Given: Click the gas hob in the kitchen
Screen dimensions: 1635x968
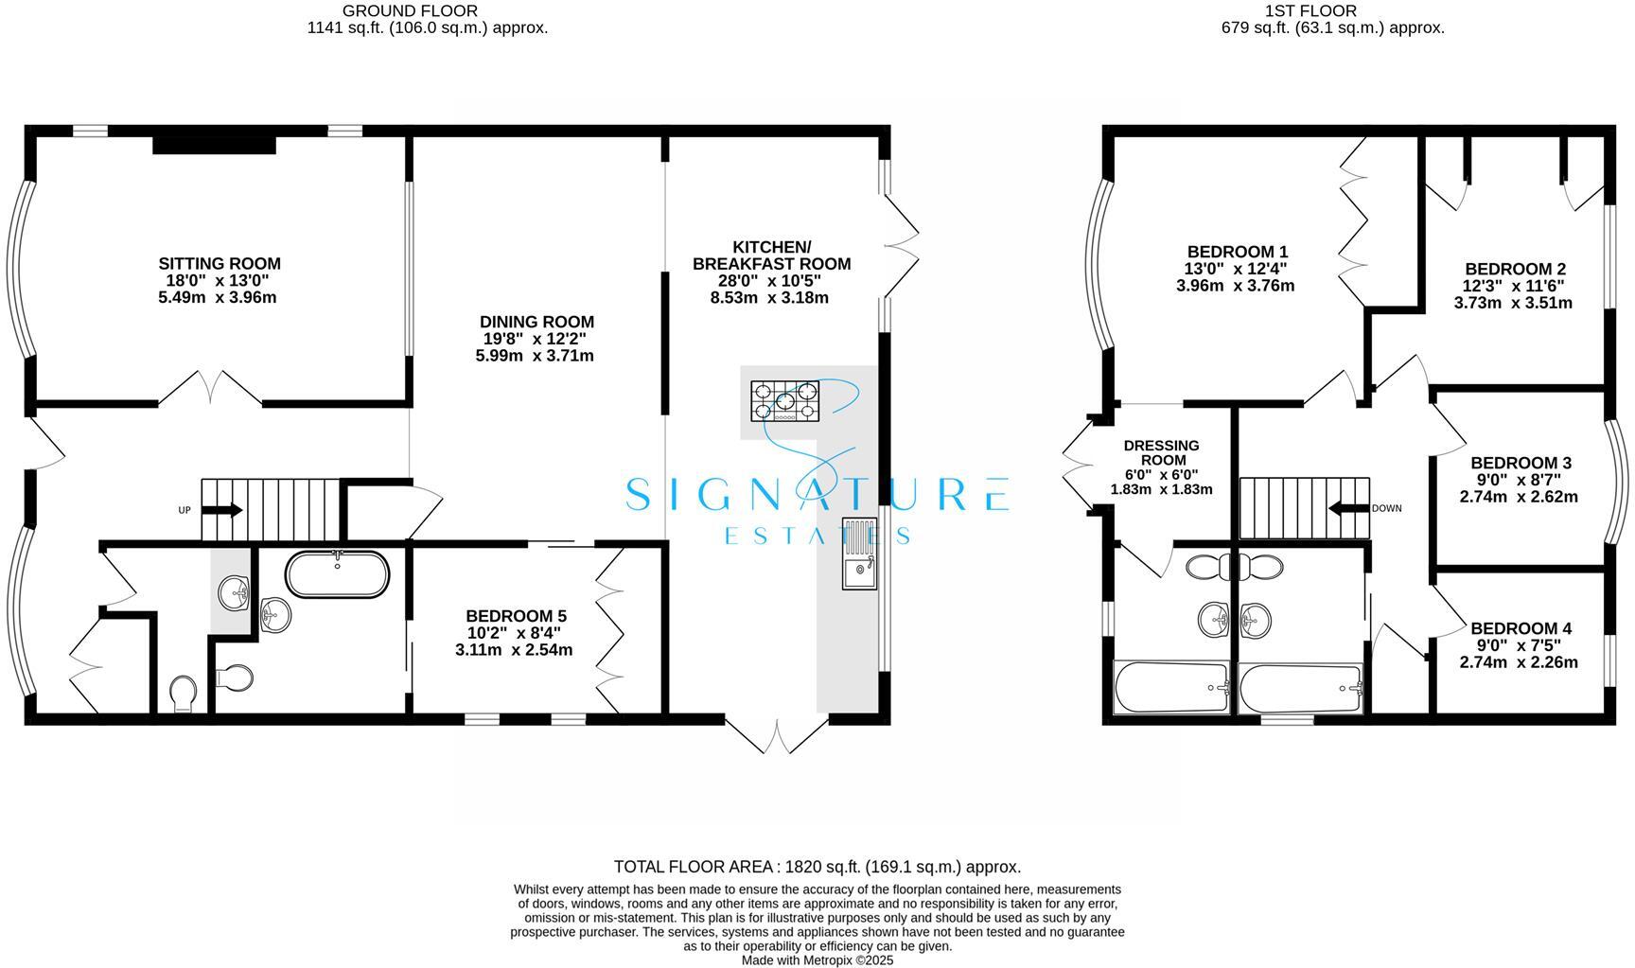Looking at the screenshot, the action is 784,401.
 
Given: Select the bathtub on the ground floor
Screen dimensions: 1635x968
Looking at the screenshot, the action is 337,574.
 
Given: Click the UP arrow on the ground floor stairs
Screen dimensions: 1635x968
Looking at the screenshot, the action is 222,510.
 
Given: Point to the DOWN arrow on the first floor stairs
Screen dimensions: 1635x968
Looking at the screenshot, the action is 1348,508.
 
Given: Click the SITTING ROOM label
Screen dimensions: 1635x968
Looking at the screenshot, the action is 220,264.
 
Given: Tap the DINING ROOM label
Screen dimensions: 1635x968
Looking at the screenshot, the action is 536,322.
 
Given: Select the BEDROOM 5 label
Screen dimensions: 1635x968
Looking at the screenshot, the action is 516,617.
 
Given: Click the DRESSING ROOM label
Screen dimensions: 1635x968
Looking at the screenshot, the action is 1161,453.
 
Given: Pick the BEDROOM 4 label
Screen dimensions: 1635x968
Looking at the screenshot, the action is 1521,628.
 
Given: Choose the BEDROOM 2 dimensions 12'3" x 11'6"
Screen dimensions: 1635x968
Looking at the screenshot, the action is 1514,286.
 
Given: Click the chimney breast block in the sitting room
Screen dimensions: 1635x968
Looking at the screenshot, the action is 215,144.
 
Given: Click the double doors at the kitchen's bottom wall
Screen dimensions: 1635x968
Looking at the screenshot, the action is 777,735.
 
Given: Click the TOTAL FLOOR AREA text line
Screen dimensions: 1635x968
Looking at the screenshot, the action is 817,867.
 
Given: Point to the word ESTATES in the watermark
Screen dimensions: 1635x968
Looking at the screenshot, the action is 817,536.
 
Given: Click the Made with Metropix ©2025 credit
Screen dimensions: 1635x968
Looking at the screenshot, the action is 817,959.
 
